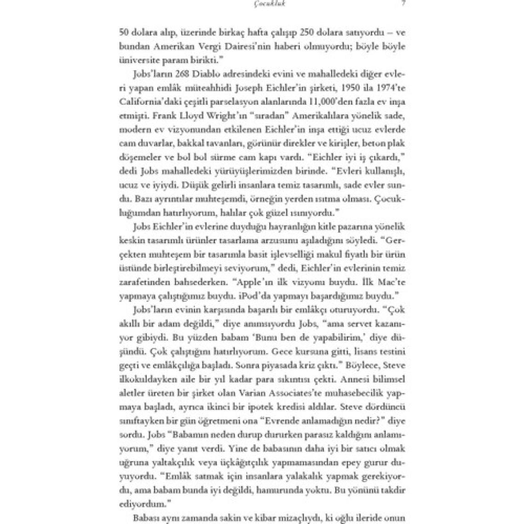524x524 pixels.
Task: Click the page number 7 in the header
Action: [403, 4]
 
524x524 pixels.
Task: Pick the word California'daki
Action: [145, 101]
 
